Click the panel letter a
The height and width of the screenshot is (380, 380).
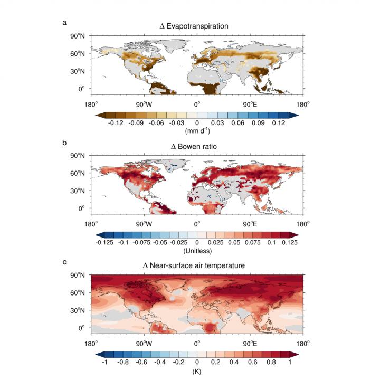pos(64,22)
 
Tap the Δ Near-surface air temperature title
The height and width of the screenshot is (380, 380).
pos(194,265)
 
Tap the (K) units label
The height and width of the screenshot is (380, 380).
pos(197,370)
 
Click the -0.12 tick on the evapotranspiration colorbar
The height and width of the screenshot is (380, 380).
pos(115,123)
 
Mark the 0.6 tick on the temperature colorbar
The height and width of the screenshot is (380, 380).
pos(252,363)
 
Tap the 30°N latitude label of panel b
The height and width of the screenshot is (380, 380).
pos(78,191)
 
